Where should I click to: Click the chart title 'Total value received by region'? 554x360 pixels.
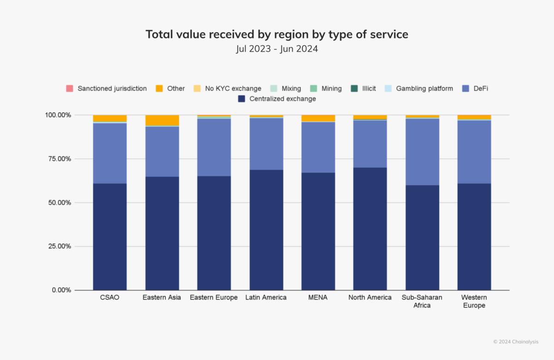(277, 34)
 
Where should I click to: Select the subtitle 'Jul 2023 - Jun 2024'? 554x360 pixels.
(277, 48)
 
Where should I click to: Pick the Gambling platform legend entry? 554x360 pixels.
(419, 88)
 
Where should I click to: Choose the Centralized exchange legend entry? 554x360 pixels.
(277, 99)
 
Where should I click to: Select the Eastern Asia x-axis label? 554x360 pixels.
(162, 298)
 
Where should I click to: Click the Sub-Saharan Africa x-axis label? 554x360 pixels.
(422, 301)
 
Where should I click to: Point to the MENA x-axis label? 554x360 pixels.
(318, 298)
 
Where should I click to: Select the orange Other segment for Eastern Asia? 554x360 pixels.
(162, 120)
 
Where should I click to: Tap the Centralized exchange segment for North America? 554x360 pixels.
(370, 228)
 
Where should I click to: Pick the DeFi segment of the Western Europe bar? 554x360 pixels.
(474, 152)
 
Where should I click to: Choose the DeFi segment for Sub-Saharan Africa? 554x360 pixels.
(422, 152)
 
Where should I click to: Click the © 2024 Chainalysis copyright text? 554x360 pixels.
(515, 342)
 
